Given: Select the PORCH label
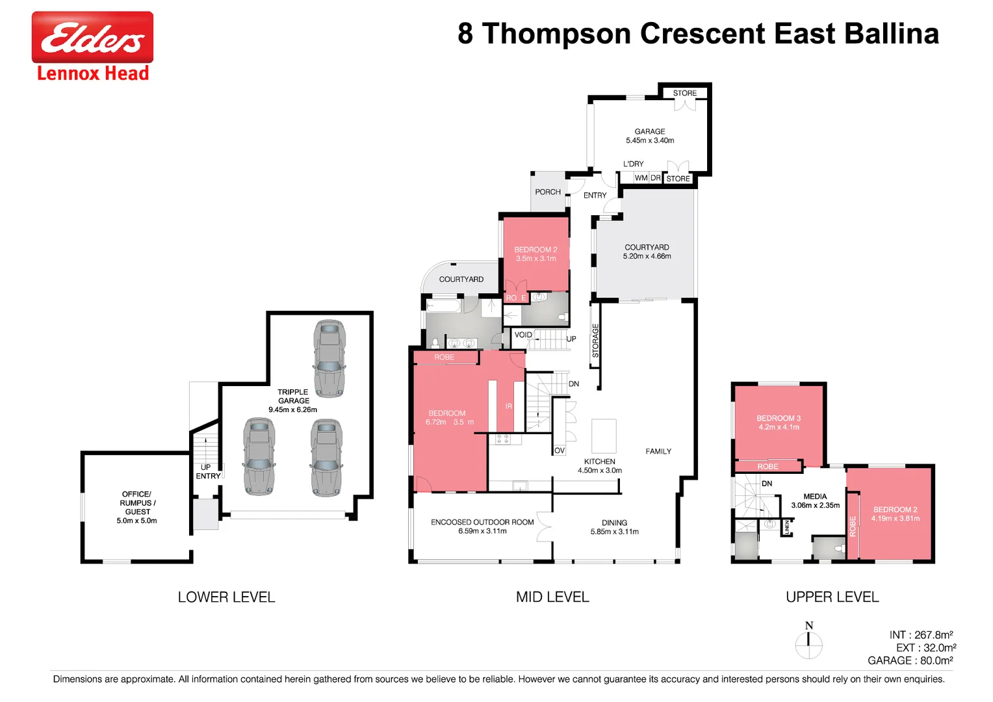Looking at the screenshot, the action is pyautogui.click(x=548, y=192).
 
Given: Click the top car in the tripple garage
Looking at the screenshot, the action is pyautogui.click(x=329, y=358).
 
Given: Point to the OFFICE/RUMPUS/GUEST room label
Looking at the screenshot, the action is pyautogui.click(x=136, y=507).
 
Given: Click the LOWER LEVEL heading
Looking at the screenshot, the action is pyautogui.click(x=226, y=597).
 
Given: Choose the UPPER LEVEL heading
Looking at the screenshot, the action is pyautogui.click(x=832, y=597).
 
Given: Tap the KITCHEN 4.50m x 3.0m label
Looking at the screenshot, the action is pyautogui.click(x=599, y=466).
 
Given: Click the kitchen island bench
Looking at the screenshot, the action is pyautogui.click(x=604, y=435).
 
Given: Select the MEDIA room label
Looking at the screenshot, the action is pyautogui.click(x=815, y=500).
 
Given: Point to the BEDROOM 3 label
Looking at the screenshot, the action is pyautogui.click(x=779, y=422).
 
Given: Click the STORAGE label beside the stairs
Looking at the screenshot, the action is pyautogui.click(x=595, y=341).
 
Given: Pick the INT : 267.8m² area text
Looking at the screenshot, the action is pyautogui.click(x=921, y=634).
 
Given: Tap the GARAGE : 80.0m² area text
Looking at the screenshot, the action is pyautogui.click(x=910, y=660).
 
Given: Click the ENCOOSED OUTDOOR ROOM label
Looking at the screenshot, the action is pyautogui.click(x=482, y=526).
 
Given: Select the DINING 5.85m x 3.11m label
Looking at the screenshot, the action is pyautogui.click(x=614, y=527).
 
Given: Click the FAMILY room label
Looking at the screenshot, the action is pyautogui.click(x=658, y=451).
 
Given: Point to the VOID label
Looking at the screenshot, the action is pyautogui.click(x=523, y=335).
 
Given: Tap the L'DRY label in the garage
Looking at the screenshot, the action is pyautogui.click(x=633, y=164).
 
